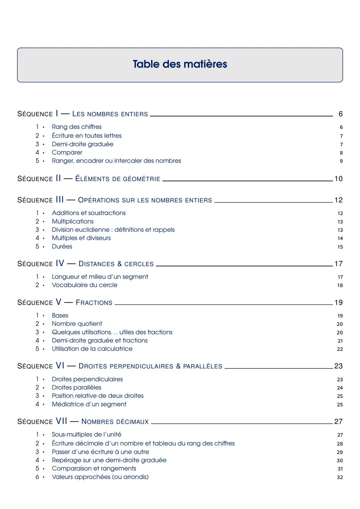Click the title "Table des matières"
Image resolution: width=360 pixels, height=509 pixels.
pos(180,64)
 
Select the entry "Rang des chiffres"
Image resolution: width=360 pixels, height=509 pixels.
pos(77,127)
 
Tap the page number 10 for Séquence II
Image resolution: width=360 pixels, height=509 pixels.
pos(338,179)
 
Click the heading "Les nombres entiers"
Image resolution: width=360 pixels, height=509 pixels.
pos(110,114)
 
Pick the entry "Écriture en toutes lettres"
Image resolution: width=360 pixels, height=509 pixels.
pos(87,136)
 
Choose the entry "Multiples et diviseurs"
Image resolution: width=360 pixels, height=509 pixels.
pos(81,238)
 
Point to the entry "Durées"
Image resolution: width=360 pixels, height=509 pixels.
pos(62,247)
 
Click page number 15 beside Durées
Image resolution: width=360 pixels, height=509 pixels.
pos(340,247)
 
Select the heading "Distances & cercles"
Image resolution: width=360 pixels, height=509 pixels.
pos(116,264)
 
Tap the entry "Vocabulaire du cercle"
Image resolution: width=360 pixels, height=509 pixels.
pos(85,285)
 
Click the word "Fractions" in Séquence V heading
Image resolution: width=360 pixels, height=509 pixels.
pos(94,303)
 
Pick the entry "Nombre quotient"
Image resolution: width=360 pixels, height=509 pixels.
pos(77,324)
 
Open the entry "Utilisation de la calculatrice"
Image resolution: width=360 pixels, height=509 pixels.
pos(92,349)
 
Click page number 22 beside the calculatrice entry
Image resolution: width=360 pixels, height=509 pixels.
pos(340,349)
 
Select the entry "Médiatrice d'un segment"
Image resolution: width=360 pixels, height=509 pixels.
pos(89,404)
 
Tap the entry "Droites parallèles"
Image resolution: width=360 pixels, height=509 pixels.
pos(76,388)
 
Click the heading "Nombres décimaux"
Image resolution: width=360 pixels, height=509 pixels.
pos(115,422)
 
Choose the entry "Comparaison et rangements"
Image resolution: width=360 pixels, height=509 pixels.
pos(94,469)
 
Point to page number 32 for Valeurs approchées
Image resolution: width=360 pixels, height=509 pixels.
pos(340,477)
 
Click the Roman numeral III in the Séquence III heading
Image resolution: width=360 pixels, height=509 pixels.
pos(60,200)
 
